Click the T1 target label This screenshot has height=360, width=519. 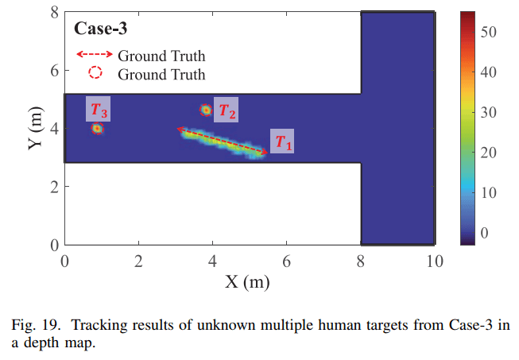[x=282, y=142]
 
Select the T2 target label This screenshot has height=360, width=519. [x=227, y=112]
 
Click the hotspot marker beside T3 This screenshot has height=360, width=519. [x=97, y=128]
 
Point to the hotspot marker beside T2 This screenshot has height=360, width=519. [x=206, y=110]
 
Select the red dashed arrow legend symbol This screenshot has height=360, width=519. [x=94, y=56]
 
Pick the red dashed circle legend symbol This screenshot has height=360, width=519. [x=95, y=74]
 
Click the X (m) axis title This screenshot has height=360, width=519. [x=250, y=281]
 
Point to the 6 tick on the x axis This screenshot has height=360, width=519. [x=286, y=261]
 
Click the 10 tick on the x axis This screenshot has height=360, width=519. [x=434, y=261]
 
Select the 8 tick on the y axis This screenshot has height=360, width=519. [x=54, y=12]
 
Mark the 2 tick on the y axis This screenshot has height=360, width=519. [x=54, y=187]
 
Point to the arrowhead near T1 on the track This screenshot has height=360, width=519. [x=265, y=152]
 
